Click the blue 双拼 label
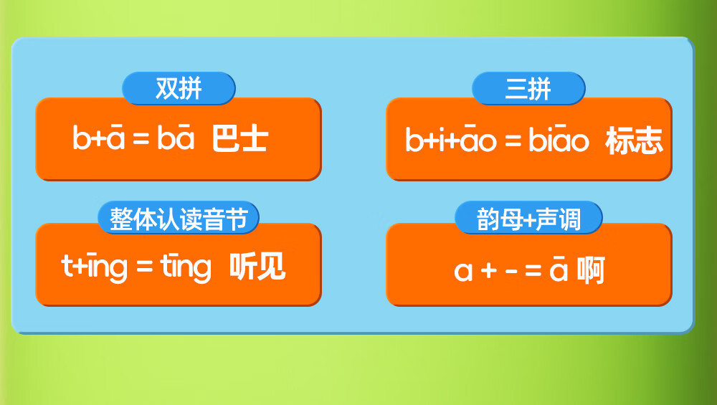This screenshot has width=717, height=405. [x=179, y=88]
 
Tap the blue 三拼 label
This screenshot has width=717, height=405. [x=528, y=88]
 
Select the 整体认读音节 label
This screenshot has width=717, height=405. [x=179, y=218]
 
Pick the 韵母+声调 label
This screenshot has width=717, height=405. [x=528, y=218]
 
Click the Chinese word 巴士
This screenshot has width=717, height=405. [x=240, y=139]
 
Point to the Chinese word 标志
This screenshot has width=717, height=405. [x=634, y=140]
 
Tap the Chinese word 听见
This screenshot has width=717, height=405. [x=257, y=266]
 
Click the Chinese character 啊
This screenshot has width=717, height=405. [x=592, y=270]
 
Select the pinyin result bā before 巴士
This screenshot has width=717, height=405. [x=176, y=136]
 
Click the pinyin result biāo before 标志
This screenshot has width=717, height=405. [x=559, y=138]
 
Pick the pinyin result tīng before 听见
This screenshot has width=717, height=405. [x=186, y=267]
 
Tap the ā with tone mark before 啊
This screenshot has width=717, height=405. [x=559, y=269]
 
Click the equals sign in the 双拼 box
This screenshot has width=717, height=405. [x=141, y=138]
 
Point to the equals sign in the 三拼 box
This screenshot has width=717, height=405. [x=513, y=140]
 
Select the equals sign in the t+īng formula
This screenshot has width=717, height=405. [x=145, y=266]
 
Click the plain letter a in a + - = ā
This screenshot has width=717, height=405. [x=462, y=272]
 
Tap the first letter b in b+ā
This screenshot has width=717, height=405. [x=81, y=137]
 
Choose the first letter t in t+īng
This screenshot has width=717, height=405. [x=67, y=266]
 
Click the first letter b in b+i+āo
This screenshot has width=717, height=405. [x=414, y=139]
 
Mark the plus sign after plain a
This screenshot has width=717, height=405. [x=489, y=271]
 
